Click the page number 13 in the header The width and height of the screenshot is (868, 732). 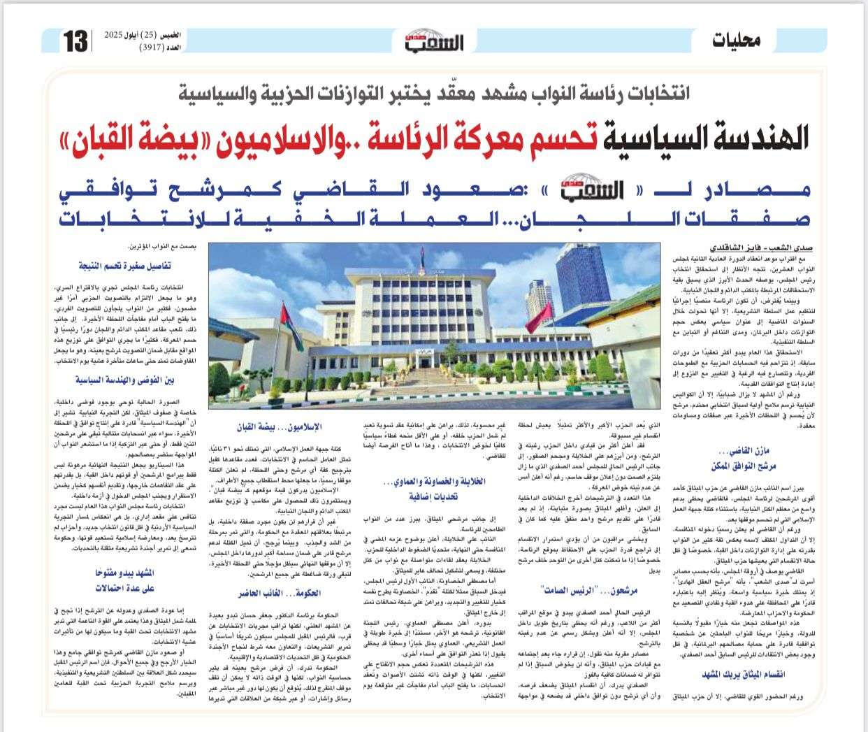(75, 41)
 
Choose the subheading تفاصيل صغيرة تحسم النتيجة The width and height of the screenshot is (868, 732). (124, 266)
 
